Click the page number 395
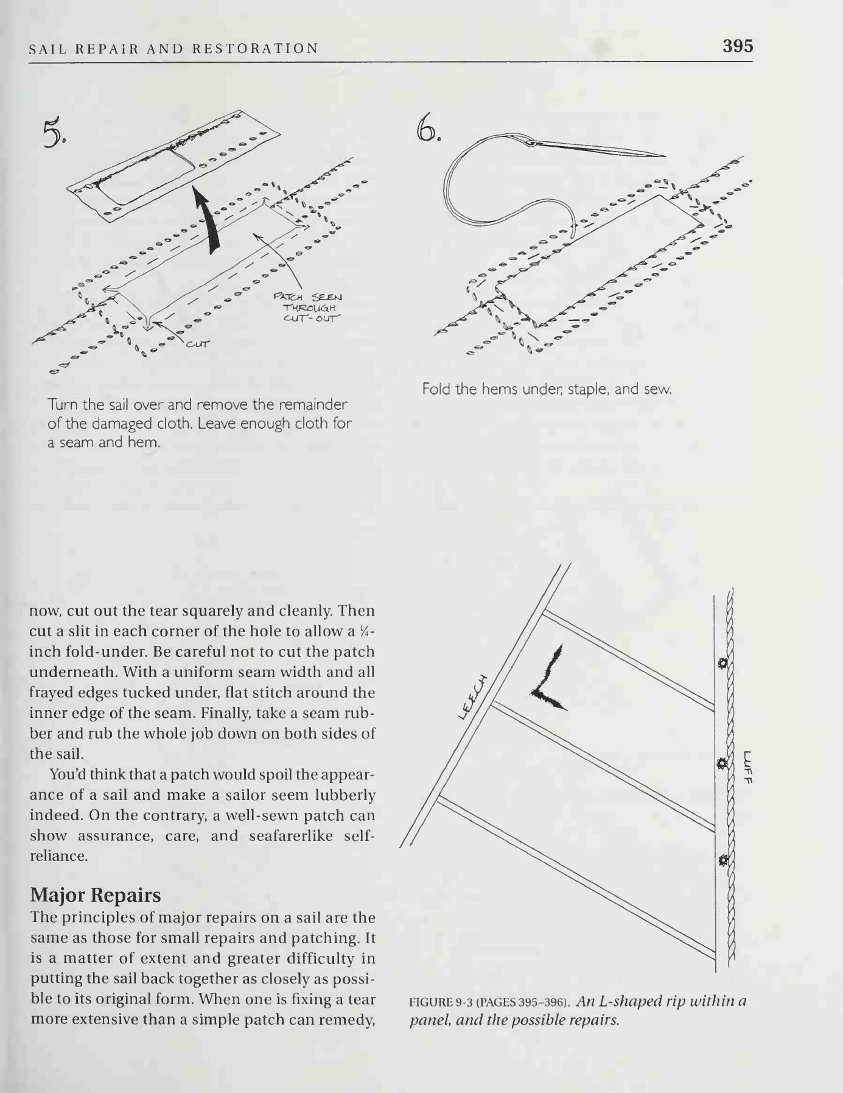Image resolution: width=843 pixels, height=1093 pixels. point(738,46)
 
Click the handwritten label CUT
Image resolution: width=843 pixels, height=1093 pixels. point(197,344)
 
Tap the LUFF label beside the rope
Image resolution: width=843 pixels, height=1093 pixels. point(749,767)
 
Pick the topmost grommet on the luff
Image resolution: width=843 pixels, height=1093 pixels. point(722,663)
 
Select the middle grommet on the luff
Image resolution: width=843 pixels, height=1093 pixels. point(722,762)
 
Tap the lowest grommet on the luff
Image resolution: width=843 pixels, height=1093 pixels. point(722,860)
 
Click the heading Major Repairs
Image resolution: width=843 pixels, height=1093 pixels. point(96,894)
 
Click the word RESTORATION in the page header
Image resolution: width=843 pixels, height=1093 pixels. point(255,49)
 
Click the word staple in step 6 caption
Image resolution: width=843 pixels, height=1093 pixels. point(588,389)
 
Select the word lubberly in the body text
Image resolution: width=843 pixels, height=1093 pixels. point(343,795)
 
